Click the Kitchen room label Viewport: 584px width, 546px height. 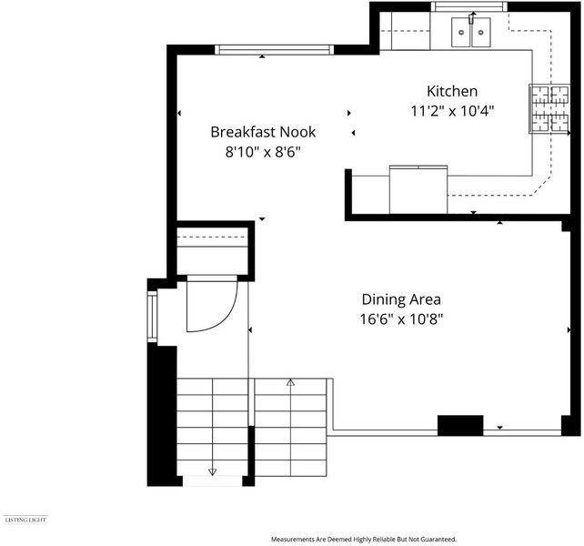point(452,91)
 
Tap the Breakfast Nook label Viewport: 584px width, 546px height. point(263,132)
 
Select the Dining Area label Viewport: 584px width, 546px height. point(401,299)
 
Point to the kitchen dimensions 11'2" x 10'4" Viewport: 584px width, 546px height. point(452,111)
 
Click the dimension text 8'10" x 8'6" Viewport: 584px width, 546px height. point(263,152)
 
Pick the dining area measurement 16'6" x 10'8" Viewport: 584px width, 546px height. point(401,319)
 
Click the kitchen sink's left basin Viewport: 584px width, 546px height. point(461,33)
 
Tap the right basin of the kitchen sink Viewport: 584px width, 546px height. point(481,33)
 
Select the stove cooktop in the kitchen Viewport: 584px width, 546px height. point(549,108)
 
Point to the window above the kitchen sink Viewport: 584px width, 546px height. point(469,6)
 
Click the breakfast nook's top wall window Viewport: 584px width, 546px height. point(275,49)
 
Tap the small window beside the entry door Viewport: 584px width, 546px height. point(152,317)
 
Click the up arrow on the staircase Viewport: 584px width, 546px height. point(290,382)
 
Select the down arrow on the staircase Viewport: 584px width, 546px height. point(212,471)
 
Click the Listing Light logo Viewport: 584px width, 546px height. point(25,520)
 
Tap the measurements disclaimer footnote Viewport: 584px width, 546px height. point(364,539)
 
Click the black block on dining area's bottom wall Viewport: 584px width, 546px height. point(460,425)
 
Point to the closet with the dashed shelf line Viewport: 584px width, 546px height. point(212,249)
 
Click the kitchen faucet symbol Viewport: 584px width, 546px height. point(472,17)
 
